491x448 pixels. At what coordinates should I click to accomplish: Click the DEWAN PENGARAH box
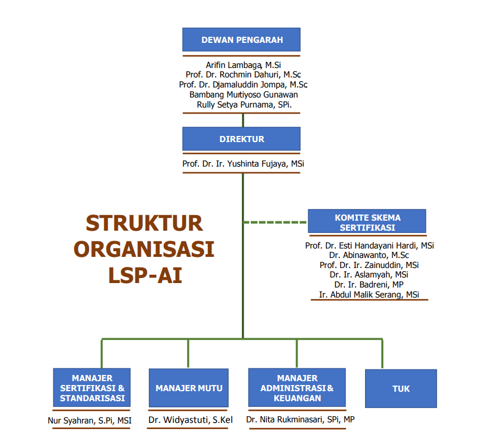pos(241,40)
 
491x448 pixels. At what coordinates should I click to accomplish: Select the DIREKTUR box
pos(241,139)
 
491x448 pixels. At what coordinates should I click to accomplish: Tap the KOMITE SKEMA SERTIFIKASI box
pos(367,222)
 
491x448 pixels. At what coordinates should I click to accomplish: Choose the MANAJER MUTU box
pos(189,388)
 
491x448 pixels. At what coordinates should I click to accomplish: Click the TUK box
pos(401,388)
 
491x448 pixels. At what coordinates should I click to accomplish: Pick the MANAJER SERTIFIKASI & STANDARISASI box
pos(92,388)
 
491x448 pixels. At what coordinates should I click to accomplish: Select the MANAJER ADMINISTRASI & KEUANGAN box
pos(297,388)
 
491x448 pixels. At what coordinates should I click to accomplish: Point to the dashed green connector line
pos(275,222)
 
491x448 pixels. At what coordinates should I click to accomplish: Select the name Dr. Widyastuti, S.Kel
pos(190,420)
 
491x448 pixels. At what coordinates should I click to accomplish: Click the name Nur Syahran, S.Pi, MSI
pos(90,421)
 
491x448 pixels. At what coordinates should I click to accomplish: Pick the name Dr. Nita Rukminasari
pos(300,419)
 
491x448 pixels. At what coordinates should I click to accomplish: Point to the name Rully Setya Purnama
pos(244,104)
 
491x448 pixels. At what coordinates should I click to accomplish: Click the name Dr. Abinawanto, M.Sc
pos(369,255)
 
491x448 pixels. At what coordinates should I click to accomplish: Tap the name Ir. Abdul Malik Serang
pos(369,295)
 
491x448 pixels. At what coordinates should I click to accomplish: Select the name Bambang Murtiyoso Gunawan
pos(244,95)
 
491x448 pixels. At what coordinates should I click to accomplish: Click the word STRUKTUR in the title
pos(144,223)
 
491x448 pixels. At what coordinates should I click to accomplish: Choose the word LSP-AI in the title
pos(145,275)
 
